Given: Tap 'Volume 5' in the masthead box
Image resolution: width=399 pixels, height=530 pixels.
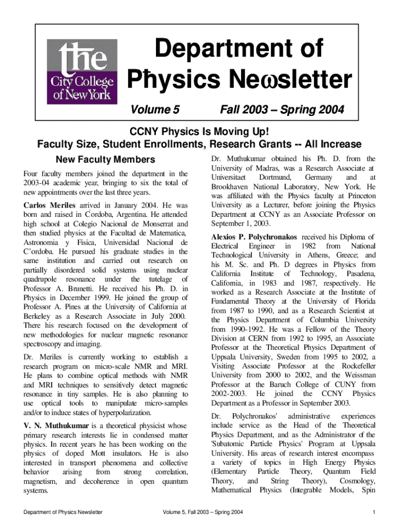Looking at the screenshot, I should tap(154, 110).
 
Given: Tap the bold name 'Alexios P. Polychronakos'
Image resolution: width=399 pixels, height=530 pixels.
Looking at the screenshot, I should tap(254, 237).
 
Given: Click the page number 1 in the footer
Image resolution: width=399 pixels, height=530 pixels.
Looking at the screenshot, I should tap(373, 512).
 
